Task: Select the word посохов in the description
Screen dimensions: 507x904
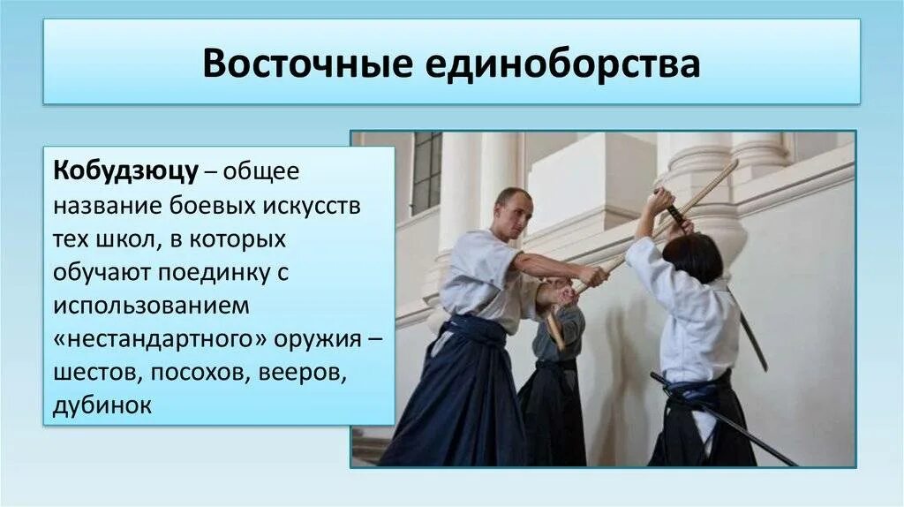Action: pyautogui.click(x=200, y=373)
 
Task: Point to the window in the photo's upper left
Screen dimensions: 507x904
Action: pyautogui.click(x=426, y=172)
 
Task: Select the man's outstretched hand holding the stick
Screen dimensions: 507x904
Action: pyautogui.click(x=592, y=276)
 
